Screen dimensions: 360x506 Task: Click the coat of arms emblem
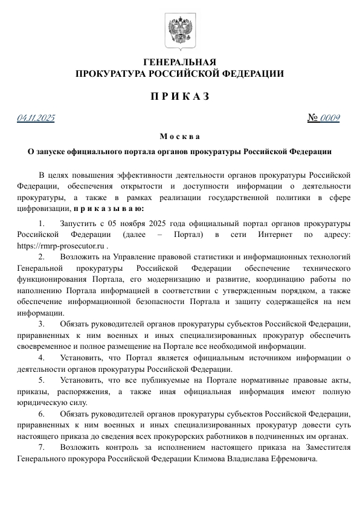click(x=179, y=31)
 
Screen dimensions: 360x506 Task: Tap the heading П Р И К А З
click(x=179, y=97)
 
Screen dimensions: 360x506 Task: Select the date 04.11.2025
click(x=36, y=117)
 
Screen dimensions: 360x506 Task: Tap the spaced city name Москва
click(x=179, y=136)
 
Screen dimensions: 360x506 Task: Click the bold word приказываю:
click(x=109, y=209)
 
